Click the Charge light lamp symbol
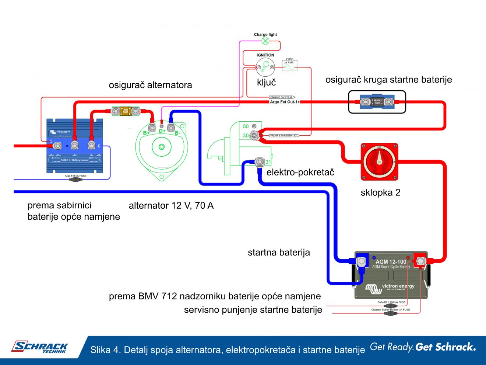pyautogui.click(x=265, y=41)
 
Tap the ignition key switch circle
pyautogui.click(x=265, y=67)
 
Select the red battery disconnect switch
pyautogui.click(x=379, y=162)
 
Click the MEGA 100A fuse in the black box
pyautogui.click(x=377, y=102)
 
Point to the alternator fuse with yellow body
pyautogui.click(x=126, y=111)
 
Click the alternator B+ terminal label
pyautogui.click(x=147, y=133)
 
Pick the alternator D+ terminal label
pyautogui.click(x=162, y=131)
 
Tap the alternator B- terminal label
pyautogui.click(x=178, y=133)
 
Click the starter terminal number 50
pyautogui.click(x=246, y=126)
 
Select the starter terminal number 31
pyautogui.click(x=268, y=162)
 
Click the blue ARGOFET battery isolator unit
pyautogui.click(x=74, y=146)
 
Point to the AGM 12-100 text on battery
pyautogui.click(x=391, y=261)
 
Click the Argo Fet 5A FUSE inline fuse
pyautogui.click(x=75, y=180)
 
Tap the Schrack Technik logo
pyautogui.click(x=40, y=347)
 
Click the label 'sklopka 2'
pyautogui.click(x=380, y=192)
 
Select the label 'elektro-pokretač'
pyautogui.click(x=300, y=172)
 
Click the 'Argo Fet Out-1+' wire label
pyautogui.click(x=285, y=102)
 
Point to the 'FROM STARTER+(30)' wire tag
pyautogui.click(x=283, y=136)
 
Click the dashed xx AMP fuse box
pyautogui.click(x=289, y=65)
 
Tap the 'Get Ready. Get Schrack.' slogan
pyautogui.click(x=423, y=347)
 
